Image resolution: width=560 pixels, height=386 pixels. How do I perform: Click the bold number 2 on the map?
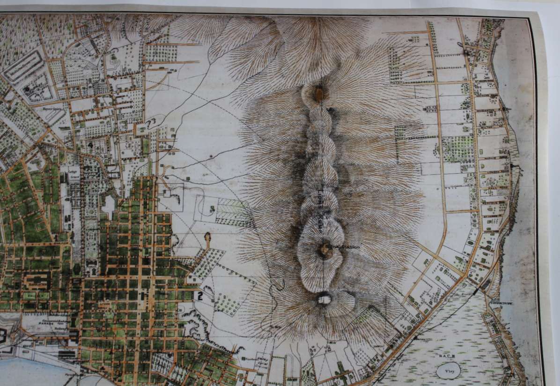pos(199,295)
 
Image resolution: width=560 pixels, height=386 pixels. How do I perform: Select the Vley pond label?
pos(448,370)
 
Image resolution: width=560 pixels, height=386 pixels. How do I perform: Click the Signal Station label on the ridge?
pos(341,245)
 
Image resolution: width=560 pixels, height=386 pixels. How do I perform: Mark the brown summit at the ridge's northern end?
pos(319,94)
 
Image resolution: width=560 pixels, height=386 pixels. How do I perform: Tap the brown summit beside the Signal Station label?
pos(324,251)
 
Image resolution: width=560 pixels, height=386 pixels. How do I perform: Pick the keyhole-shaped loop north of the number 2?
pos(207,239)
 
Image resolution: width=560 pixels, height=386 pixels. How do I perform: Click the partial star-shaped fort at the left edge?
pos(4,334)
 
